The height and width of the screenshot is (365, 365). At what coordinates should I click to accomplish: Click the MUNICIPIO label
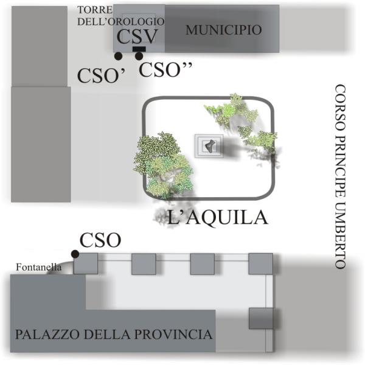(x=223, y=30)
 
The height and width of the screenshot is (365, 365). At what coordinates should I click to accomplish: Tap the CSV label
(x=137, y=36)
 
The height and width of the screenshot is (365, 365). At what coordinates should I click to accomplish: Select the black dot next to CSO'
(x=118, y=56)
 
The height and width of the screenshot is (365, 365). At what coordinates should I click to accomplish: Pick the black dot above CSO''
(x=139, y=56)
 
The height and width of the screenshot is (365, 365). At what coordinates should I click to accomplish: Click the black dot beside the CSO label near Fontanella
(x=75, y=254)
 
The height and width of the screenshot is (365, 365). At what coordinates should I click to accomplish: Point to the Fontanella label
(x=33, y=266)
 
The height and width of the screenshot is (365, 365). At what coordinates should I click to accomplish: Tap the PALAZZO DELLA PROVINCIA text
(x=114, y=335)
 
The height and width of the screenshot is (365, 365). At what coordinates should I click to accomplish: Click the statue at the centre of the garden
(x=209, y=145)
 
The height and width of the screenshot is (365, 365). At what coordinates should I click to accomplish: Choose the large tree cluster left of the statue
(x=161, y=162)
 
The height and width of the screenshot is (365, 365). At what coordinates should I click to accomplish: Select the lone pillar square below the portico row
(x=260, y=318)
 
